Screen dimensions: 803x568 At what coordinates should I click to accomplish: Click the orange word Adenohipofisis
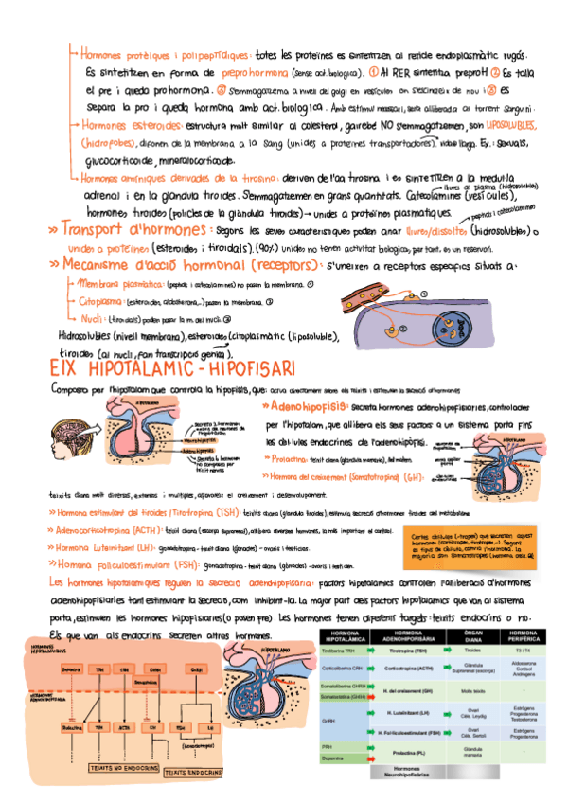[308, 405]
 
